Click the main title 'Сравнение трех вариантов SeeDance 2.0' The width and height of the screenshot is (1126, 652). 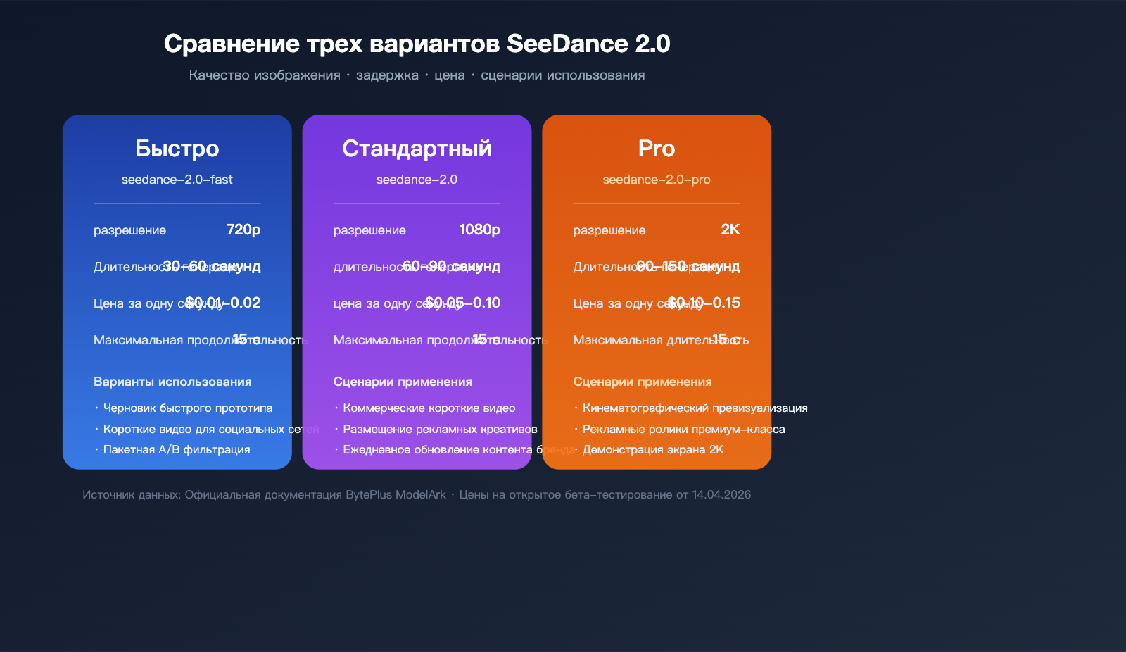tap(417, 44)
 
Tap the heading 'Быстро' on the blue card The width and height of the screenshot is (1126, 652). tap(177, 149)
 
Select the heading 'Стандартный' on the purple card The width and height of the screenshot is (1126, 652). tap(417, 149)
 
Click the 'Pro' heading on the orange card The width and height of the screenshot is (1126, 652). tap(657, 149)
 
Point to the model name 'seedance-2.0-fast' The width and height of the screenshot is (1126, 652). tap(177, 180)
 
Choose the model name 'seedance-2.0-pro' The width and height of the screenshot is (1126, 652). tap(657, 180)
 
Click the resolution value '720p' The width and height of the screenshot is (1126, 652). tap(243, 230)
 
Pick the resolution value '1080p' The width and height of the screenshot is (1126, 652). tap(479, 230)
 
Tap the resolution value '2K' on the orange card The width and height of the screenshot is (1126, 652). tap(730, 230)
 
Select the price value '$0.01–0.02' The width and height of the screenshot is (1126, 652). tap(223, 303)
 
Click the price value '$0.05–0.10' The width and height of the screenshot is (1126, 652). tap(463, 303)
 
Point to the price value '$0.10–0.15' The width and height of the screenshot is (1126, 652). tap(704, 303)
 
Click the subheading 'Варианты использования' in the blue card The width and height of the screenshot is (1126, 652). tap(172, 382)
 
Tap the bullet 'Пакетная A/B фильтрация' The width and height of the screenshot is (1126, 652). tap(177, 449)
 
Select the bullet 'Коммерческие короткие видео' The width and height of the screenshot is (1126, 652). tap(429, 408)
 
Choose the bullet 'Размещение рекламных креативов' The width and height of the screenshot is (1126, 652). tap(440, 429)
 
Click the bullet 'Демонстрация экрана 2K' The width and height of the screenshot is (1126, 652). tap(653, 449)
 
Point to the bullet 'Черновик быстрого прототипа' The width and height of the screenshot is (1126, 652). tap(187, 408)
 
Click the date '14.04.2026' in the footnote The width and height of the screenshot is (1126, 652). tap(721, 494)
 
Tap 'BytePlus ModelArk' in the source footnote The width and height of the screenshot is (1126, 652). tap(396, 494)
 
